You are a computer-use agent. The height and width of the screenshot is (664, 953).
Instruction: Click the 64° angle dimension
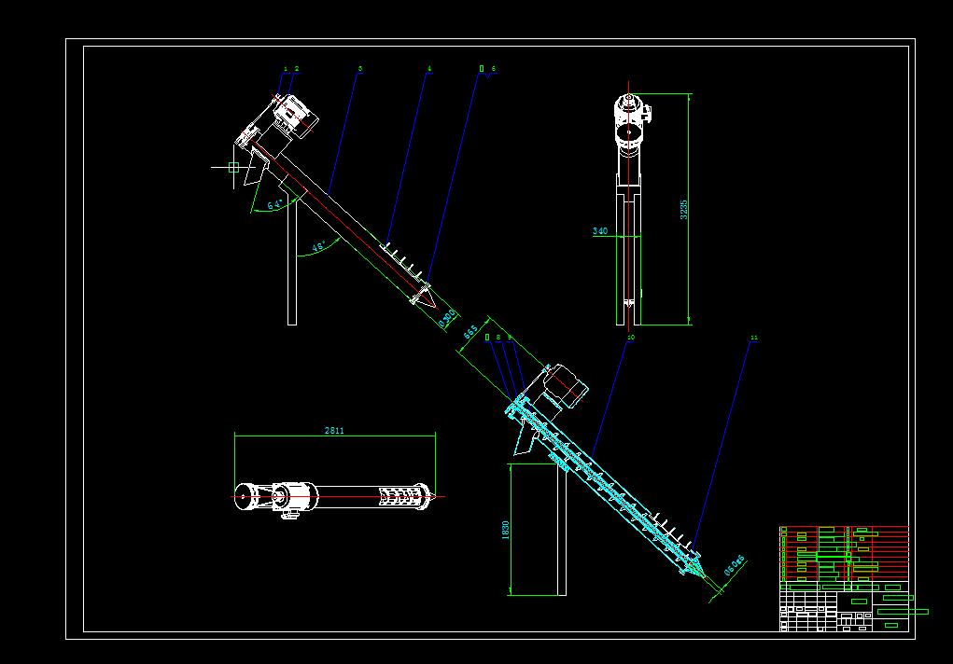274,204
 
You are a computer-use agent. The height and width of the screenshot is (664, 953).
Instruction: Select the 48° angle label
318,247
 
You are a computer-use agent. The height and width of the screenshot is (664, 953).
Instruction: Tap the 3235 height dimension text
683,209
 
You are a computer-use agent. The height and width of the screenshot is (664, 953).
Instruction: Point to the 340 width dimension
599,231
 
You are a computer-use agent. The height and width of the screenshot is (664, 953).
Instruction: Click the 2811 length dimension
334,431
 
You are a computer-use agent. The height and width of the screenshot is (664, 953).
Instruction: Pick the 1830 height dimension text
505,530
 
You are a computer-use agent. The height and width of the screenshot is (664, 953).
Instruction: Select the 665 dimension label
470,331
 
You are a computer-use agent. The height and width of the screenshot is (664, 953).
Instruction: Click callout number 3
360,69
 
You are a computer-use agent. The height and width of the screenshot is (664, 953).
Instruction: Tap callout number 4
429,69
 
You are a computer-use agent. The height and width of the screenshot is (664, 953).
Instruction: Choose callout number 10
631,338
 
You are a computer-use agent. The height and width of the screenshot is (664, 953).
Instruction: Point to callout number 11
753,339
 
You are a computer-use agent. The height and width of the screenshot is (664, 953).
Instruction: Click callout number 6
493,69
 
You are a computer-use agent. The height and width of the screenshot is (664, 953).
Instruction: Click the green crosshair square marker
233,168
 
